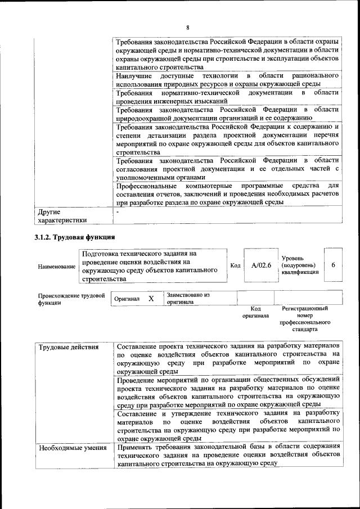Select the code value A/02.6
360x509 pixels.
261,265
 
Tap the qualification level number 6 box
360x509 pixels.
333,265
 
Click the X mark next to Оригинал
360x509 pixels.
151,299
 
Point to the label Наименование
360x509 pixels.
56,266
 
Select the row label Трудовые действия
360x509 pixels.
61,347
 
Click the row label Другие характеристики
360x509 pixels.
62,217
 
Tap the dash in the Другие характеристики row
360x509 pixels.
118,212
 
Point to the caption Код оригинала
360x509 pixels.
255,312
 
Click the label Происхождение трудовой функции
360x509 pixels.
71,299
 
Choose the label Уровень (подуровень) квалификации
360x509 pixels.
300,265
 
